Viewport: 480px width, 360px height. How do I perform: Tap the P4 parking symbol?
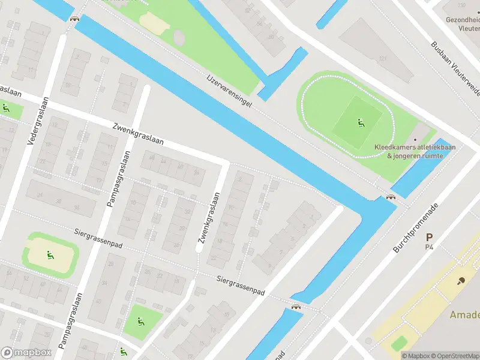(429, 241)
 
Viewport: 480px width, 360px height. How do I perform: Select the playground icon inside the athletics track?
(361, 124)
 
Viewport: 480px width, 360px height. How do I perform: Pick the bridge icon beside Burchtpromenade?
(391, 197)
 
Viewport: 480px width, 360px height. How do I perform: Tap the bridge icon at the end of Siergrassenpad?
(295, 307)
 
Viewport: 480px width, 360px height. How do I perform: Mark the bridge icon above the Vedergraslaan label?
(74, 18)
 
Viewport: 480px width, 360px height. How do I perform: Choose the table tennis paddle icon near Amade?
(461, 280)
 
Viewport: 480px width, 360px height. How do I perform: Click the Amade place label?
(465, 315)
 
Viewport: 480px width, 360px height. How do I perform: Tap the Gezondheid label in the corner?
(462, 19)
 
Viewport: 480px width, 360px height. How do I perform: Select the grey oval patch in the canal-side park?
(179, 37)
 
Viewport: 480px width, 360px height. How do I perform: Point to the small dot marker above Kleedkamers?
(415, 140)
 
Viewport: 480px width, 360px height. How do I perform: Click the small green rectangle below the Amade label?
(399, 343)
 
